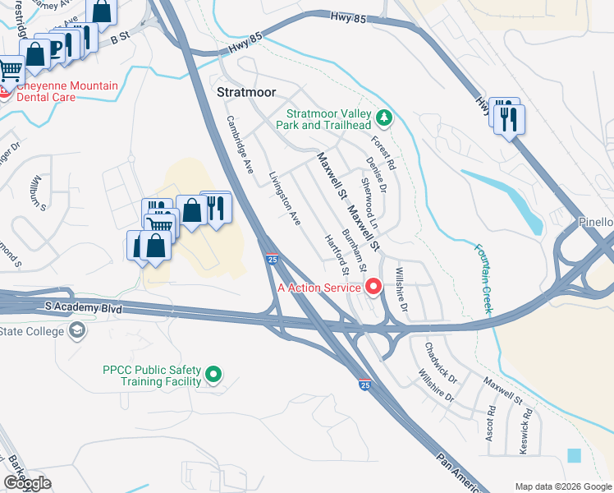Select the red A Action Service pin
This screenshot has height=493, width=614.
point(373,287)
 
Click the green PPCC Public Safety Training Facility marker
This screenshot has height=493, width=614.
point(213,375)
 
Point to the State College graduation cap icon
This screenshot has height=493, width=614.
point(77,331)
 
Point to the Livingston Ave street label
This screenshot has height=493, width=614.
point(286,198)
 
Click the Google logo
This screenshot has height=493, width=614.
point(27,484)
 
